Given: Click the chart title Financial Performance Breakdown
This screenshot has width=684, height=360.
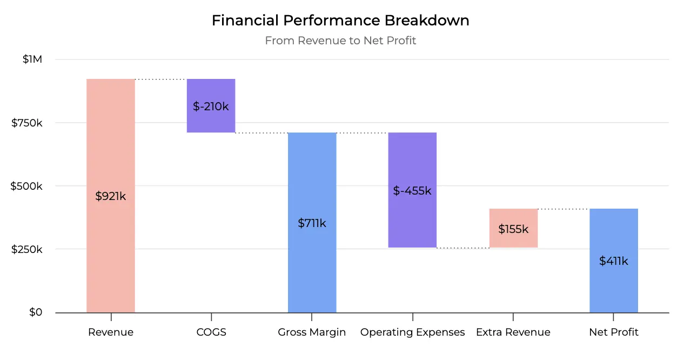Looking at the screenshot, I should (x=340, y=21).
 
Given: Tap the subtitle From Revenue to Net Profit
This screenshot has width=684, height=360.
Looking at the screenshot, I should (x=340, y=41).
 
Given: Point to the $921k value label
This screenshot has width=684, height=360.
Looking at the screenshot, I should (x=111, y=196).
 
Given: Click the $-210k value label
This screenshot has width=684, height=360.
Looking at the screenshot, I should (x=211, y=106).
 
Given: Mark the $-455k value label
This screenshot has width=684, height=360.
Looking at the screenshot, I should (x=412, y=191).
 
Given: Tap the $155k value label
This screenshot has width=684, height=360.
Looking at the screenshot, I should (x=513, y=229).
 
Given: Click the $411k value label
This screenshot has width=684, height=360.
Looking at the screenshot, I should (x=614, y=261).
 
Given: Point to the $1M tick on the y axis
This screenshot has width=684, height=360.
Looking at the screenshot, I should (x=32, y=59).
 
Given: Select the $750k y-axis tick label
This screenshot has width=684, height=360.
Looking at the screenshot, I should (x=27, y=123).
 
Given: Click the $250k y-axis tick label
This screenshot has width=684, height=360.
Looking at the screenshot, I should (x=27, y=250).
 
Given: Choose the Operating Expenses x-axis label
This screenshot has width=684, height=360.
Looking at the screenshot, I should (x=412, y=332).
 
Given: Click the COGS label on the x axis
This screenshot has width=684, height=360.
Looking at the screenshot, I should (x=211, y=332).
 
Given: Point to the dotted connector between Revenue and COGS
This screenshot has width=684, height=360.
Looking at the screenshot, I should (x=161, y=79).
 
